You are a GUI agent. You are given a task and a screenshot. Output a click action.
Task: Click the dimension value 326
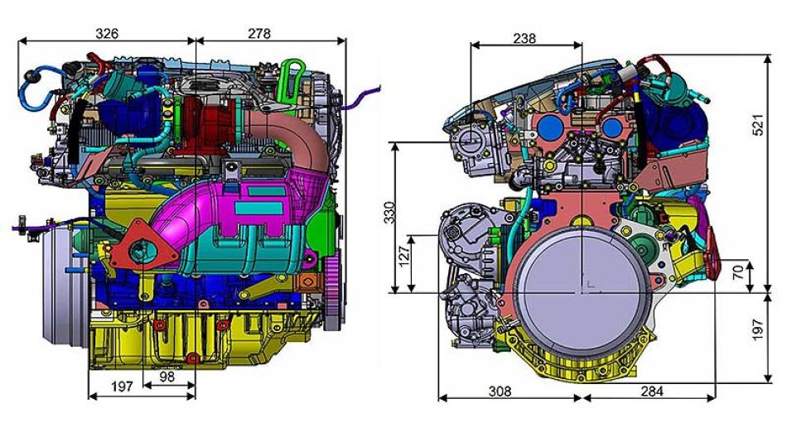(107, 33)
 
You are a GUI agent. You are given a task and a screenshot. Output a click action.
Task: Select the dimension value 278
(259, 33)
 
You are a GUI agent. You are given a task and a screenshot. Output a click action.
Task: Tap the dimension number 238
(524, 38)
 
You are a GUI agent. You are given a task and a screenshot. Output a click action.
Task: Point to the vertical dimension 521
(758, 125)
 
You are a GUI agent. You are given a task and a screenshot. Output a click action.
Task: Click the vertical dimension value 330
(389, 212)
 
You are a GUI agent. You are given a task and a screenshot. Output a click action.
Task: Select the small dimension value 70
(737, 272)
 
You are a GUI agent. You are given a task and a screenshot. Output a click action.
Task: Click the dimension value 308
(500, 391)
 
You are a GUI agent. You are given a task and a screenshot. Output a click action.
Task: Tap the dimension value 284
(651, 391)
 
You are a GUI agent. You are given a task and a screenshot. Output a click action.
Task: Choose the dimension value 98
(167, 377)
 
